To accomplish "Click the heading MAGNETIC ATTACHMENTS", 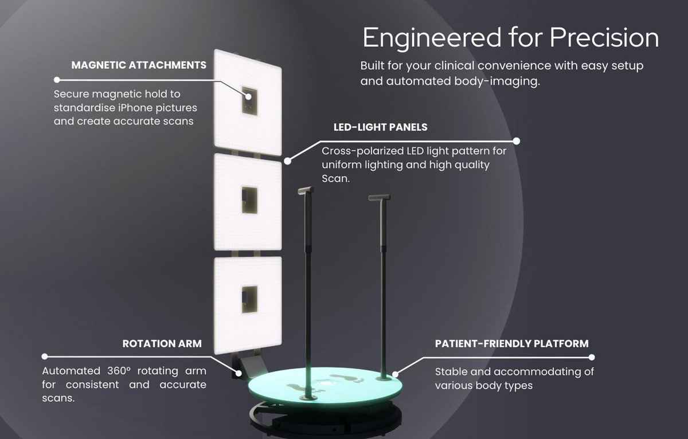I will tap(138, 65).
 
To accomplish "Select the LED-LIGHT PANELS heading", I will tap(380, 127).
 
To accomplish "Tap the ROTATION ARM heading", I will tap(162, 344).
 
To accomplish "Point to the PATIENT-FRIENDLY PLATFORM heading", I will tap(511, 344).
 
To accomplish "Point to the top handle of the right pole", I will tap(380, 198).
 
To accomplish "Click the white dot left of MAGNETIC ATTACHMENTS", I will tap(57, 79).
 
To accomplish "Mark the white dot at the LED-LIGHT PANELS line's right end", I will tap(516, 140).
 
